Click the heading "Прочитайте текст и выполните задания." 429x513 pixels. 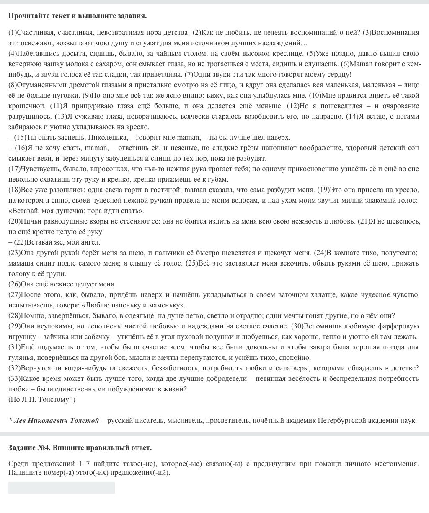point(78,16)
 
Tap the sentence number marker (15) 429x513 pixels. point(20,138)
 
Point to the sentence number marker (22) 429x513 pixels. point(20,242)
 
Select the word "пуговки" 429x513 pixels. point(67,96)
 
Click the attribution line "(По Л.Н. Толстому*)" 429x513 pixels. point(42,400)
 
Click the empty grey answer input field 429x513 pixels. point(62,487)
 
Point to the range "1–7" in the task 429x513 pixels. point(85,464)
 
